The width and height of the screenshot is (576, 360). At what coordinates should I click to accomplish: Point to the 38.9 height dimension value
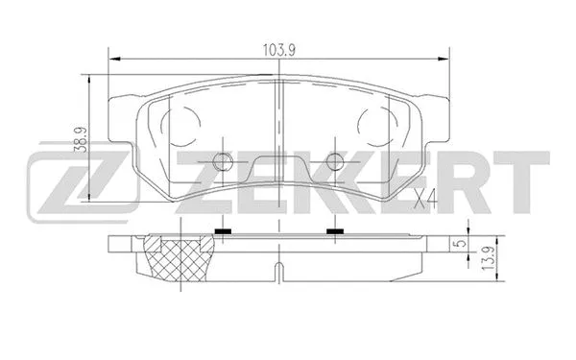(84, 141)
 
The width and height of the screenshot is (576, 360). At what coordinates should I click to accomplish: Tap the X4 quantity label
(425, 199)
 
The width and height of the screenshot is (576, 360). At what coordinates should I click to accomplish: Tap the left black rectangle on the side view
(224, 232)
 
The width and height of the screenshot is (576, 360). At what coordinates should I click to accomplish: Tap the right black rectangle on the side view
(334, 232)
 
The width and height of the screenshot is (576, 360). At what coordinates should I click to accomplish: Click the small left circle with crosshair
(224, 162)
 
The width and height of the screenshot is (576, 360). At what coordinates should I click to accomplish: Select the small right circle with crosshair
(334, 162)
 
